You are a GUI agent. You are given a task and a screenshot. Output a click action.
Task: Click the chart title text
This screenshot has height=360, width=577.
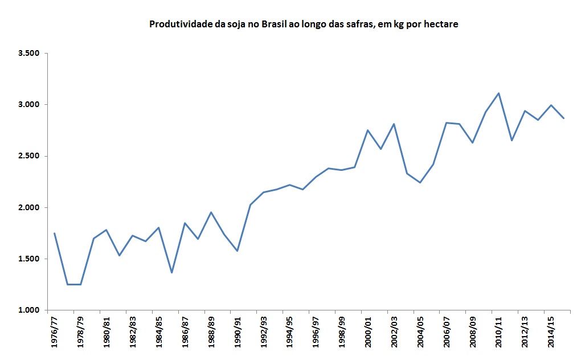click(x=304, y=24)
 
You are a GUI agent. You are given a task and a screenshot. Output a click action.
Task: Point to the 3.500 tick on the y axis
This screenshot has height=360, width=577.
click(x=28, y=54)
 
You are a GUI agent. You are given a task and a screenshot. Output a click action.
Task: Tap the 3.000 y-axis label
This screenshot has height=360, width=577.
click(x=28, y=105)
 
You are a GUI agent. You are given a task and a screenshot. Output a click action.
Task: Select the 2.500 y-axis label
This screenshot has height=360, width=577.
click(x=28, y=156)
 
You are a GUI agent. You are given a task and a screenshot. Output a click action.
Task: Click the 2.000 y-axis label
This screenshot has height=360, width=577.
click(x=28, y=207)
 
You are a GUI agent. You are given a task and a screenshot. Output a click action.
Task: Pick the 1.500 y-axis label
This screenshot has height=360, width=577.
click(x=28, y=259)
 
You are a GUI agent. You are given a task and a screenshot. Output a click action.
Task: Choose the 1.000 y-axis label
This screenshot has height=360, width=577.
click(x=28, y=310)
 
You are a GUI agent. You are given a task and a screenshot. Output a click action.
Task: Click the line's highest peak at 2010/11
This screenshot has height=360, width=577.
click(x=498, y=93)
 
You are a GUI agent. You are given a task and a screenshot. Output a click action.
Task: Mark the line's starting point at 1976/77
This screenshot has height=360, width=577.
click(x=55, y=233)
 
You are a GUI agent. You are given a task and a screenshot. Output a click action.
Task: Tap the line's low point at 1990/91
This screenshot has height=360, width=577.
click(x=237, y=251)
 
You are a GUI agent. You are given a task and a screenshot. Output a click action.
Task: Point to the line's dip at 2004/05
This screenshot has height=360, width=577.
click(x=420, y=183)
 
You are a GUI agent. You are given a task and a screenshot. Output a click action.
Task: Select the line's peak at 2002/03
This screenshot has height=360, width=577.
click(x=394, y=124)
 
